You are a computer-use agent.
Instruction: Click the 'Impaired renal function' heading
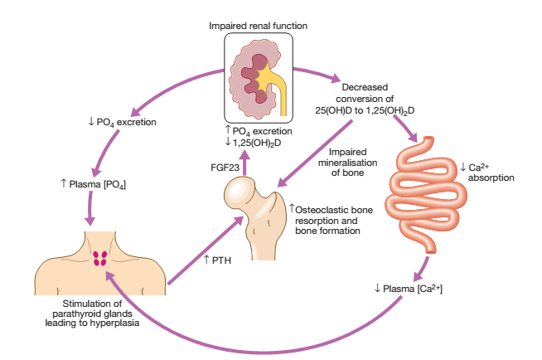point(258,26)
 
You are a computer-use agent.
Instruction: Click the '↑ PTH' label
point(218,260)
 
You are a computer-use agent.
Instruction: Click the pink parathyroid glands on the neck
point(101,258)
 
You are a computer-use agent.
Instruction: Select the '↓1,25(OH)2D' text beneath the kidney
point(259,142)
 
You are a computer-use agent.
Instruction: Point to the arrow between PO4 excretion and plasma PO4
point(104,152)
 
